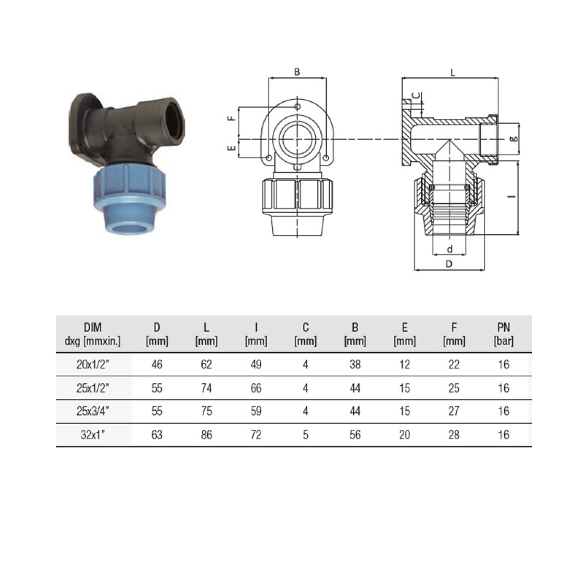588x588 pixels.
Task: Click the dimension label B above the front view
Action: (297, 72)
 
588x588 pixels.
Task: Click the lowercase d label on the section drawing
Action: (450, 249)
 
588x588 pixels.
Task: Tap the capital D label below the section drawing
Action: (449, 264)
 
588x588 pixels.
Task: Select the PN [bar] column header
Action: (503, 334)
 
